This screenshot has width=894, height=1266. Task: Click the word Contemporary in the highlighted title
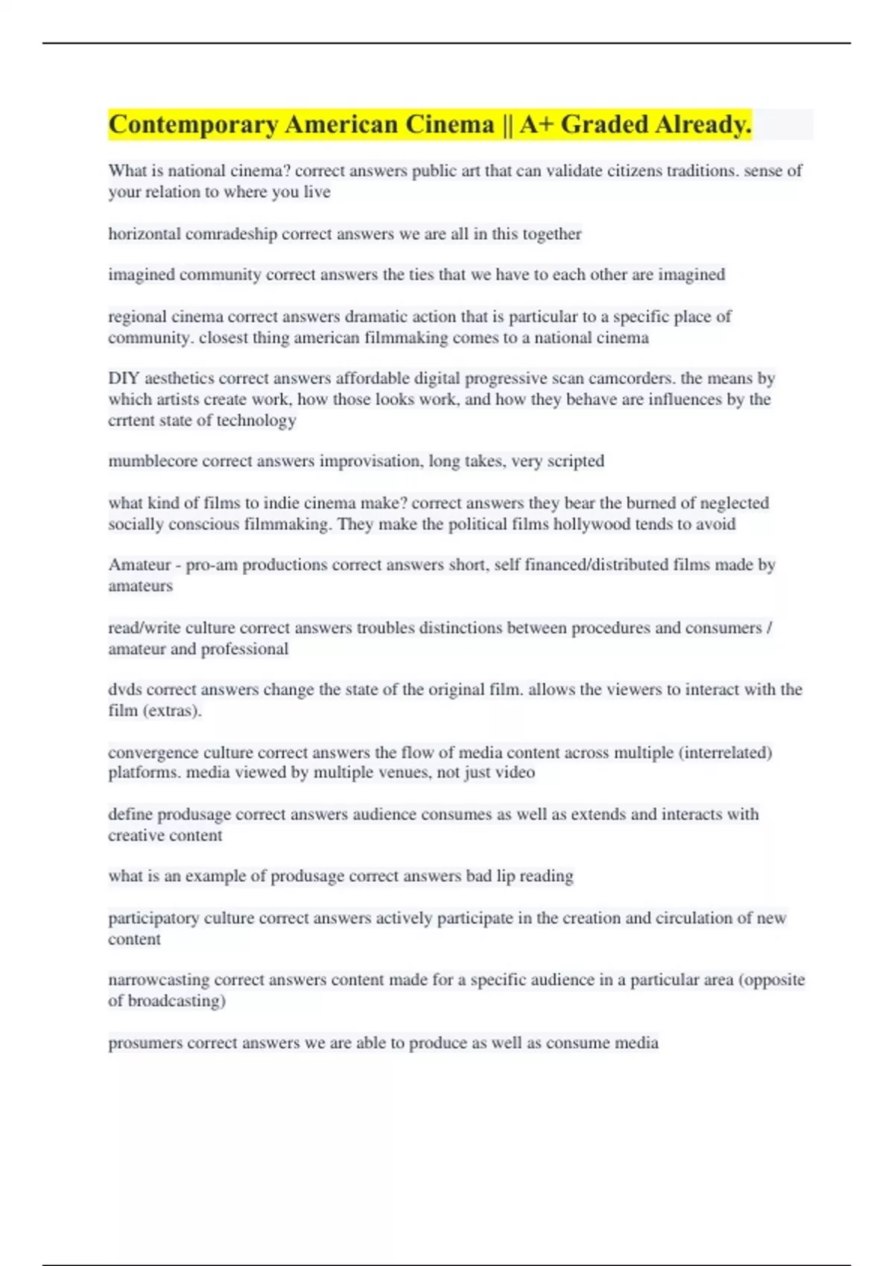(x=193, y=124)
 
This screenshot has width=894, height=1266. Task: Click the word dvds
(x=124, y=690)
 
